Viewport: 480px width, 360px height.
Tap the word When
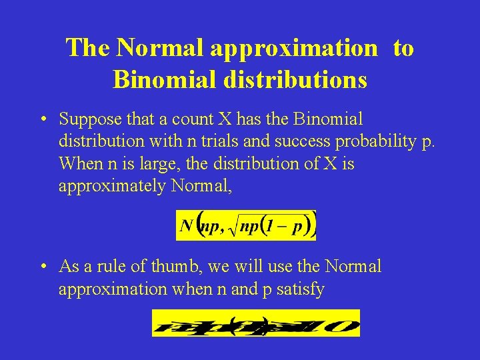(x=78, y=163)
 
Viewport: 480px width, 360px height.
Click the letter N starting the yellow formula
(x=187, y=226)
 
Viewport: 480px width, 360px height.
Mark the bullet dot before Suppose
(x=42, y=120)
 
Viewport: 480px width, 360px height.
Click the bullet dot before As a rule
(x=42, y=267)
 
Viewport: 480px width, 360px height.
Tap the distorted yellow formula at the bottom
(x=256, y=323)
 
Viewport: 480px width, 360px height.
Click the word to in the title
(x=403, y=47)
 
